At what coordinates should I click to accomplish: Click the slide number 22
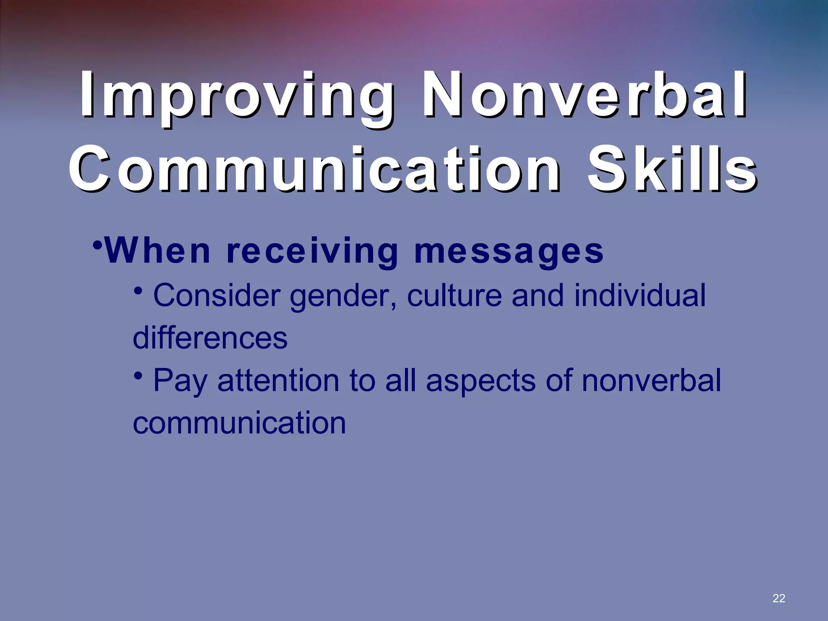(x=778, y=598)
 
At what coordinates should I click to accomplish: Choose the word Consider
(x=217, y=296)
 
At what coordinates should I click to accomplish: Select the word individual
(x=640, y=296)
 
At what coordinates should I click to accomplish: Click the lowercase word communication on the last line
(x=239, y=423)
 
